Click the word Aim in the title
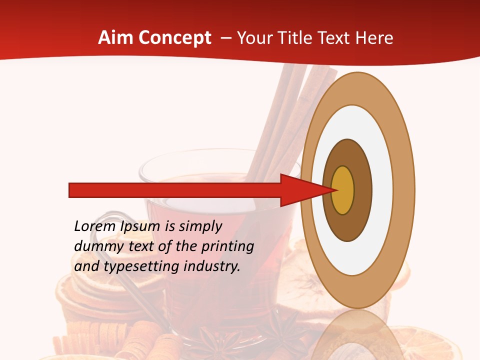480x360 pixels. [116, 38]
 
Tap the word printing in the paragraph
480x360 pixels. [228, 246]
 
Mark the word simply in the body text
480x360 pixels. [200, 226]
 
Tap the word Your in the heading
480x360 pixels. [253, 38]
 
